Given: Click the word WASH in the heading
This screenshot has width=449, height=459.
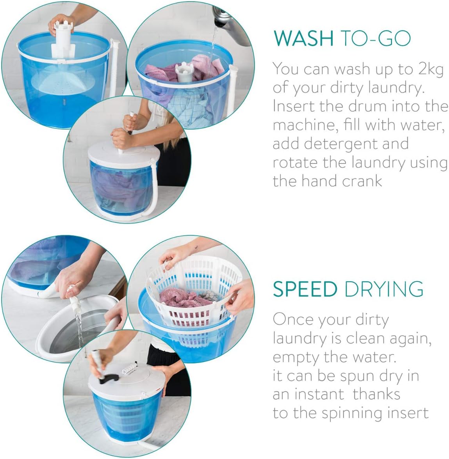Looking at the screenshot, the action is click(304, 38).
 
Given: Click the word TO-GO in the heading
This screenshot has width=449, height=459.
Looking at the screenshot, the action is click(376, 38).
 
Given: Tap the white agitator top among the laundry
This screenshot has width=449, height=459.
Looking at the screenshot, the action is click(184, 72).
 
